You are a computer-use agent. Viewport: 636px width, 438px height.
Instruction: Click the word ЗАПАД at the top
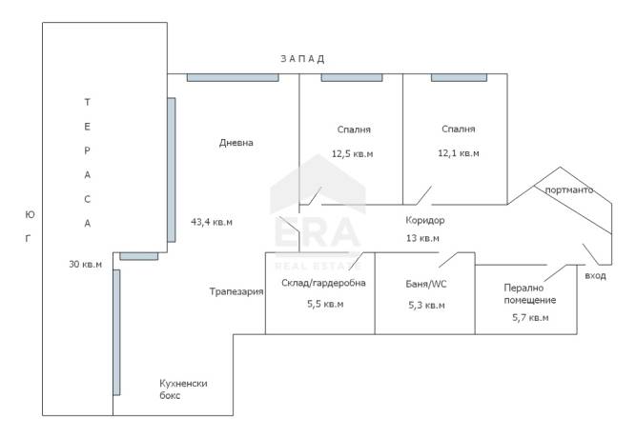click(x=302, y=59)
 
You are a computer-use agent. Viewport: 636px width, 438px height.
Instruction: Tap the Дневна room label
click(x=236, y=143)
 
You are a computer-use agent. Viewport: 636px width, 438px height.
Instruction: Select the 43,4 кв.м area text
click(x=212, y=222)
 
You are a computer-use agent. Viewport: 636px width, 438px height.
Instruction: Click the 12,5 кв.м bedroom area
click(x=352, y=154)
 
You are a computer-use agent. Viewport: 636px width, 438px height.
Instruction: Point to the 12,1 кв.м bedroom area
click(x=459, y=153)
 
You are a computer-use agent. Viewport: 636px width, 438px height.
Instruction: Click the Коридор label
click(x=425, y=220)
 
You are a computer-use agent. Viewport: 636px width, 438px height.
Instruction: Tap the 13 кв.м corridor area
click(x=422, y=238)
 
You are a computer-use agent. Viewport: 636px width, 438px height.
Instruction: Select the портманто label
click(x=569, y=189)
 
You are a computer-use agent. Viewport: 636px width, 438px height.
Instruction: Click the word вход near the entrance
click(x=595, y=276)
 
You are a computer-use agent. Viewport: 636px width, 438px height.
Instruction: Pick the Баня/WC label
click(x=426, y=284)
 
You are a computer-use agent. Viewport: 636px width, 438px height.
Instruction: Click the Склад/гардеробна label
click(x=323, y=283)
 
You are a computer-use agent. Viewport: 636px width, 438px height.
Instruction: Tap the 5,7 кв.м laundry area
click(x=530, y=318)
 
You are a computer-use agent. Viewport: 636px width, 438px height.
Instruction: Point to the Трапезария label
click(x=236, y=291)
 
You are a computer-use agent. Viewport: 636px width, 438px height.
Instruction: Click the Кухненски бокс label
click(x=183, y=389)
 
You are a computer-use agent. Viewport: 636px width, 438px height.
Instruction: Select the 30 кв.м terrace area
click(x=85, y=264)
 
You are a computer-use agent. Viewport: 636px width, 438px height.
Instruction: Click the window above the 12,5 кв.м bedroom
click(x=352, y=77)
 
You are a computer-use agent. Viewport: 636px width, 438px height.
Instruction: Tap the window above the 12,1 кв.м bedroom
click(x=459, y=77)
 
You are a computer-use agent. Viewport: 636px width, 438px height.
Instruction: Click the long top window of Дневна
click(x=233, y=77)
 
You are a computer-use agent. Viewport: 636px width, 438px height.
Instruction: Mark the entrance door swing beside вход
click(x=590, y=253)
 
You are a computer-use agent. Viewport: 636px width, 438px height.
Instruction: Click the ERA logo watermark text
click(x=318, y=232)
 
